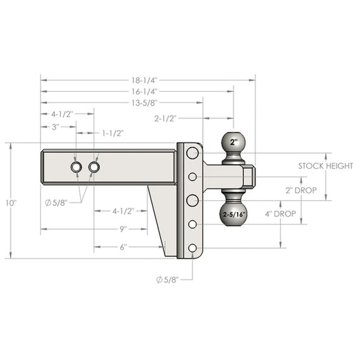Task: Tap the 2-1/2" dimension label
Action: click(165, 118)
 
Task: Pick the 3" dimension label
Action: click(55, 127)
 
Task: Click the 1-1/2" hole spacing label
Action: click(113, 133)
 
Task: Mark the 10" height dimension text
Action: click(11, 203)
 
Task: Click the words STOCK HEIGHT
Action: click(325, 166)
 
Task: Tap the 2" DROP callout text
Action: click(301, 190)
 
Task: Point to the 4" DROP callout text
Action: click(280, 214)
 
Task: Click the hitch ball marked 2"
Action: click(233, 142)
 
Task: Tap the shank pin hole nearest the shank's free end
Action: click(76, 167)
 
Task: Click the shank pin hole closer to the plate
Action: click(94, 167)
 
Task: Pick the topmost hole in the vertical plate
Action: click(192, 153)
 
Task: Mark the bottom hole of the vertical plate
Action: click(192, 248)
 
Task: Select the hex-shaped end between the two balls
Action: click(248, 177)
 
